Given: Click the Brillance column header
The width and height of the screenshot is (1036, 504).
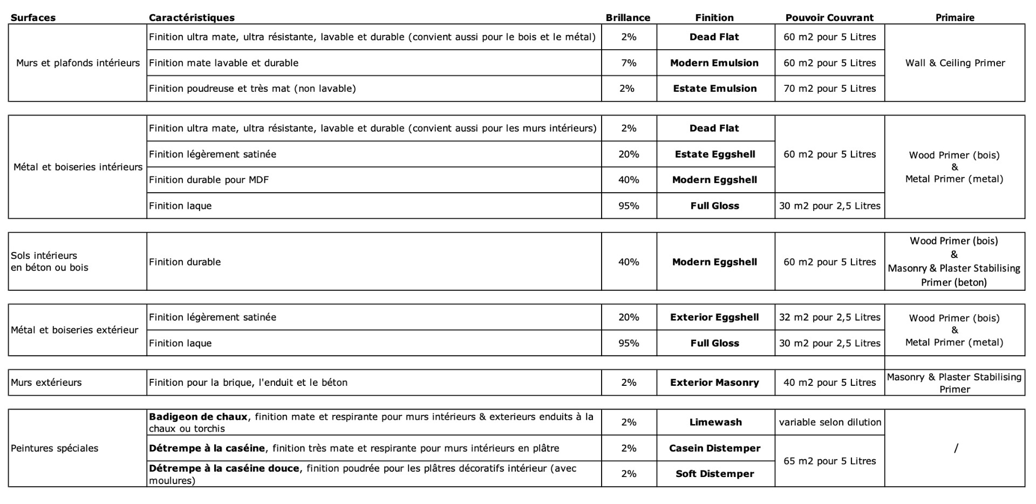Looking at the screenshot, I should click(628, 17).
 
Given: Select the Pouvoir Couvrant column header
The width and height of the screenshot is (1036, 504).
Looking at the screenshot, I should click(829, 17).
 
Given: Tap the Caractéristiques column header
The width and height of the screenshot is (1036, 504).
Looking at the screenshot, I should click(192, 17).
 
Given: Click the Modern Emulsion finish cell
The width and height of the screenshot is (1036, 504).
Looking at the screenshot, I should click(714, 63).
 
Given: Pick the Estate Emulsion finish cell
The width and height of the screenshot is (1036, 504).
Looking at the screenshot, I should click(714, 88).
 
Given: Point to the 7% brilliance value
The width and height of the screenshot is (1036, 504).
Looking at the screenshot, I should click(629, 63).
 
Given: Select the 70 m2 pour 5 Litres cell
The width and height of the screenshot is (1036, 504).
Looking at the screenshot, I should click(829, 88).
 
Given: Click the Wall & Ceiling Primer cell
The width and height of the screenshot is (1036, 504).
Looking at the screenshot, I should click(955, 63).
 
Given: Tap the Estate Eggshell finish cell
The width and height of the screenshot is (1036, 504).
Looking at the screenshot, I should click(714, 154).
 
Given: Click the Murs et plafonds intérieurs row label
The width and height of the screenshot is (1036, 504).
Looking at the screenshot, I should click(78, 63).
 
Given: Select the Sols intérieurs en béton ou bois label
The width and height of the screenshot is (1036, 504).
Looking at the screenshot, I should click(49, 261).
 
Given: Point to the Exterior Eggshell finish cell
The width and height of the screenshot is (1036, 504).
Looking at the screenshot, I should click(714, 317).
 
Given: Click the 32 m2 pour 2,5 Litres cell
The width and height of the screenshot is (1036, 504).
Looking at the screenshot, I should click(829, 317).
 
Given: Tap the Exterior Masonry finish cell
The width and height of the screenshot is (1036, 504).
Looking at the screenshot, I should click(714, 383).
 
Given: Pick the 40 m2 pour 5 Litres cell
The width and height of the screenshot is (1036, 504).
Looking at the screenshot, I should click(829, 383).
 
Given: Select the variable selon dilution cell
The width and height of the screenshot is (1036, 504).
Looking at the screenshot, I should click(830, 423).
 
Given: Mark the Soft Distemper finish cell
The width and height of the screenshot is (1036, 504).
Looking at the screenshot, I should click(715, 474).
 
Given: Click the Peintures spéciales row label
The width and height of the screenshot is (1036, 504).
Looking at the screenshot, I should click(54, 448).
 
